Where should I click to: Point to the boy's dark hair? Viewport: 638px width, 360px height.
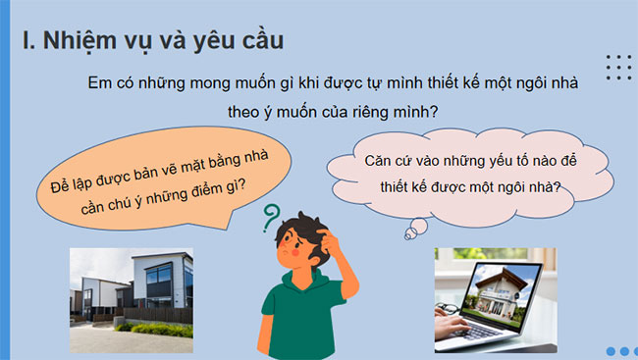(x=300, y=230)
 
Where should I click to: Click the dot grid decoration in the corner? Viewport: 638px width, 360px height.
(x=618, y=67)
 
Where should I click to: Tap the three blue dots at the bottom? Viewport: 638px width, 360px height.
(x=622, y=351)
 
